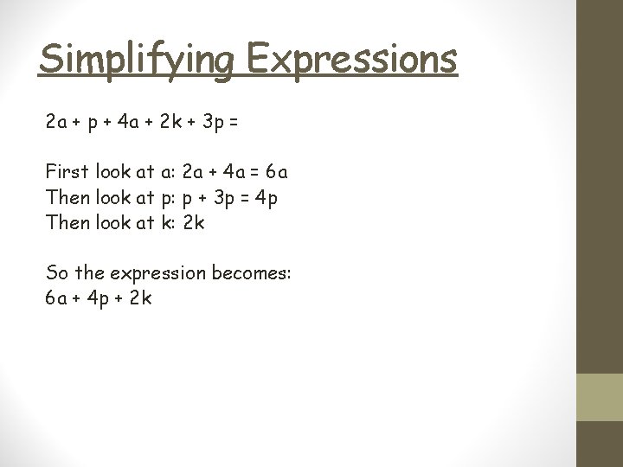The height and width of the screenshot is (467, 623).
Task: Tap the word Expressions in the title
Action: coord(351,60)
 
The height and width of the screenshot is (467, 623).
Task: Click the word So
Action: coord(57,273)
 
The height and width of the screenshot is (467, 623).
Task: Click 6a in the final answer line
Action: coord(56,299)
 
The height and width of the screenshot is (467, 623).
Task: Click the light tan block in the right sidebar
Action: coord(600,397)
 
